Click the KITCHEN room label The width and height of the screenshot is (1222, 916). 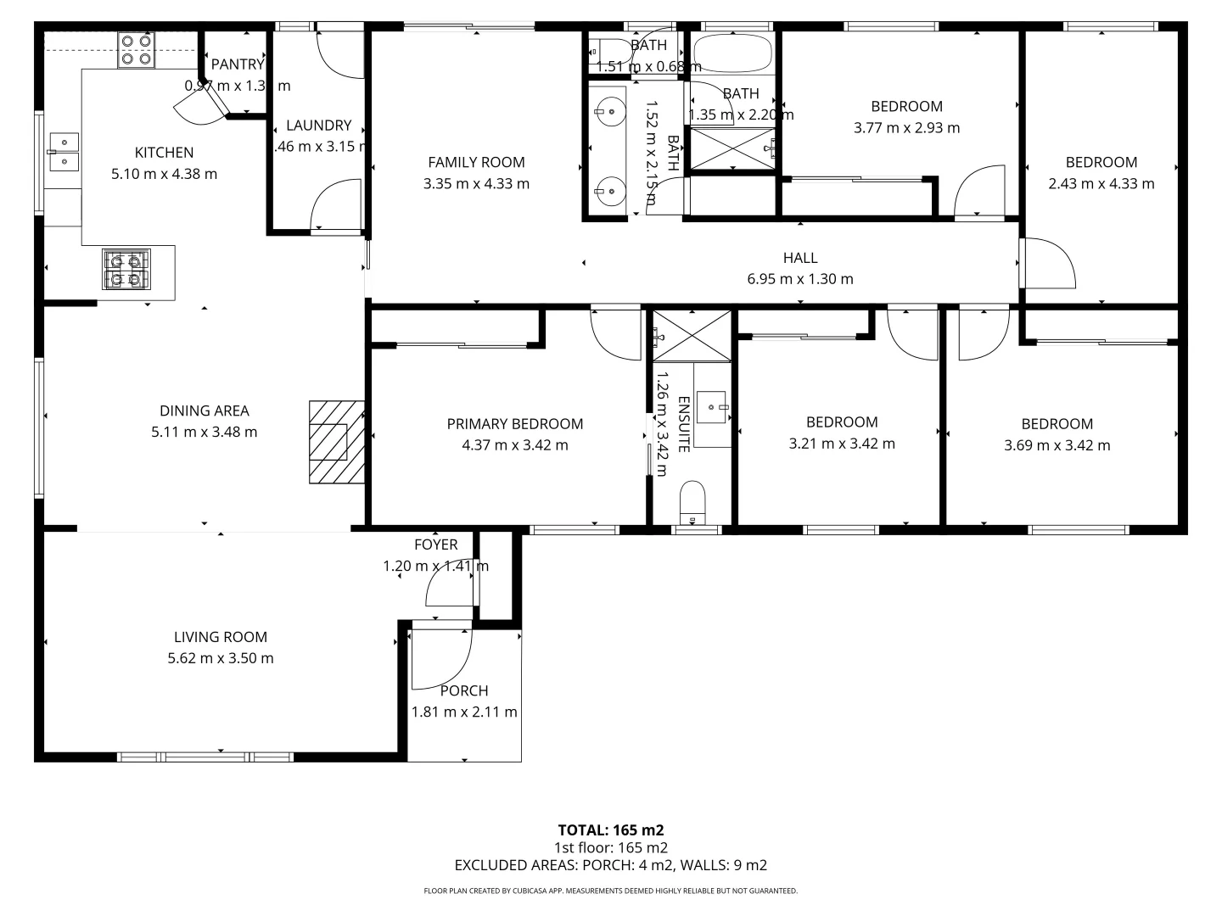[x=164, y=153]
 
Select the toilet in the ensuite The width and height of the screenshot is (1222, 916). [x=692, y=502]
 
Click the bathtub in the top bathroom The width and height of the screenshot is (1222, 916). [x=732, y=54]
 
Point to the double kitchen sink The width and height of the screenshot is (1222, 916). [x=64, y=151]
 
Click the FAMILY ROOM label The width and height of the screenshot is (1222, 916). [x=476, y=162]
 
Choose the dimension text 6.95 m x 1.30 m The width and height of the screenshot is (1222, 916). [x=800, y=279]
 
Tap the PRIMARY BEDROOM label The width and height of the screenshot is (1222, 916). [x=515, y=424]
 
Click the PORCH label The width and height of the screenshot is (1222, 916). [x=464, y=691]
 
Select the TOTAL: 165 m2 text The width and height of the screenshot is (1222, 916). [x=610, y=830]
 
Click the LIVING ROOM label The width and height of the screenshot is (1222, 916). [x=221, y=637]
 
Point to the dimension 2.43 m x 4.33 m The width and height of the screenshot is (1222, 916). [x=1101, y=183]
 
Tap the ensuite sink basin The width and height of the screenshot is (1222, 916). [x=711, y=408]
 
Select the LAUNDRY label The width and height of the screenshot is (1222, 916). [x=318, y=126]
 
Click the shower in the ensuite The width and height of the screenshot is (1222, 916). [x=692, y=336]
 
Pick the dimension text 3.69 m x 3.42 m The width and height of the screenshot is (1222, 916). [x=1057, y=445]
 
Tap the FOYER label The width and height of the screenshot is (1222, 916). [x=435, y=545]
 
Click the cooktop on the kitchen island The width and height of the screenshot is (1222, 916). [x=126, y=269]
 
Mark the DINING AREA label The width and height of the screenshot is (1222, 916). [x=205, y=411]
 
